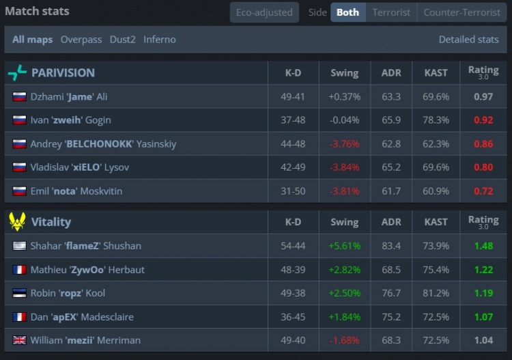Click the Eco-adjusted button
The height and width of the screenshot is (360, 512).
point(264,12)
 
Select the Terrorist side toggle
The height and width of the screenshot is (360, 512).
point(391,12)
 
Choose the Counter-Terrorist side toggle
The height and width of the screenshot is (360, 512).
point(462,12)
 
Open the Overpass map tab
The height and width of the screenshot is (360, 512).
point(81,40)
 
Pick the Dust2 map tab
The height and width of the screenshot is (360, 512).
point(122,40)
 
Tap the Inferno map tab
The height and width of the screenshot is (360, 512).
point(159,40)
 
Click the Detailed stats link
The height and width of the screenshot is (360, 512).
point(468,40)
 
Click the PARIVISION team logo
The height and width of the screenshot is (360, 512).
point(17,72)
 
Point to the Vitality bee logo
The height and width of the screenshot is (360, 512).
point(17,221)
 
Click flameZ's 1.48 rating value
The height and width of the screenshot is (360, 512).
point(483,246)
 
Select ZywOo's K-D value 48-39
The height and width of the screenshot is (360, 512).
point(292,270)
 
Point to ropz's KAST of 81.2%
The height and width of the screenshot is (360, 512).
point(436,293)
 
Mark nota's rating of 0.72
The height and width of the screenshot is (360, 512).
point(483,191)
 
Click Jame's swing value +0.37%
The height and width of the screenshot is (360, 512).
point(344,97)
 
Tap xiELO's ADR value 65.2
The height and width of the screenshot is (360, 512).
point(391,167)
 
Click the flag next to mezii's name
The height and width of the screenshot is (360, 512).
point(19,340)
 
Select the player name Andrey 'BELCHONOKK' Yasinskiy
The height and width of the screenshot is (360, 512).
point(103,144)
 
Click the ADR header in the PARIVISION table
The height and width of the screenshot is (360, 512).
point(391,72)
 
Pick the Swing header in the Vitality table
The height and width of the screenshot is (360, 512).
point(344,221)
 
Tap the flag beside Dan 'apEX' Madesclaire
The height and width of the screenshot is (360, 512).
point(19,317)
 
